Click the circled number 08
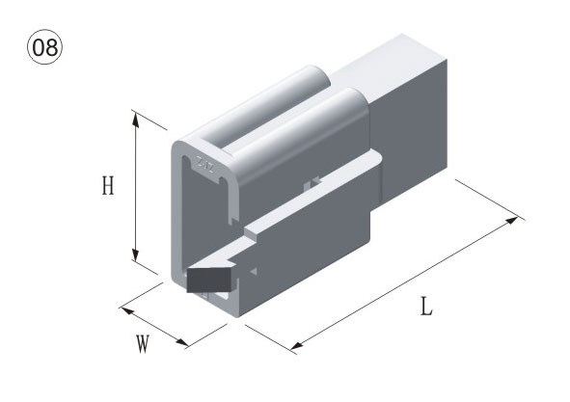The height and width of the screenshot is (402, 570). pos(45,47)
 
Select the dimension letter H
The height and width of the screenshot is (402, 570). pos(108,186)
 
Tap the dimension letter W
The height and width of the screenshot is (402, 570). pos(143,344)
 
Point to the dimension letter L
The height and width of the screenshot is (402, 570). pos(426,307)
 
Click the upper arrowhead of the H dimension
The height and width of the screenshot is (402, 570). pos(136,120)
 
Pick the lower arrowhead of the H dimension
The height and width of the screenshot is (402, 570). pos(136,254)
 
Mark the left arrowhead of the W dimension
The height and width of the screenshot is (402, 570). pos(127,310)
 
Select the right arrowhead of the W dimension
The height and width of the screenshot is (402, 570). pos(181,341)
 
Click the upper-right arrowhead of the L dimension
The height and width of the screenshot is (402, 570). pos(512,220)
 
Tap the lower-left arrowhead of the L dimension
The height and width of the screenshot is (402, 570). pos(297,345)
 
